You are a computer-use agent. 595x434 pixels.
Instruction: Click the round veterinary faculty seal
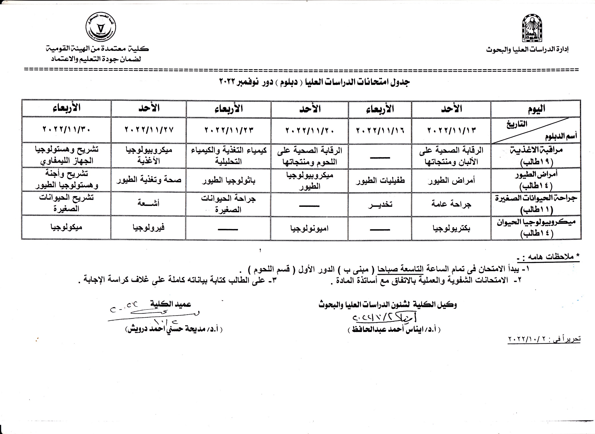pos(101,27)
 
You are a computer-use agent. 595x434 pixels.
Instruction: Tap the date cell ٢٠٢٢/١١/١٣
pos(451,130)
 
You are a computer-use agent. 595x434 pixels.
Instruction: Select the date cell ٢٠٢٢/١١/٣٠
pos(66,129)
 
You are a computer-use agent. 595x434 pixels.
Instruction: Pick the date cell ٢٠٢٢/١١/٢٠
pos(310,130)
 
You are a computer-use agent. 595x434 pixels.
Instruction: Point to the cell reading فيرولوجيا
pos(149,227)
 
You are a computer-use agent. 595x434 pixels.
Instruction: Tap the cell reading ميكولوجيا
pos(66,227)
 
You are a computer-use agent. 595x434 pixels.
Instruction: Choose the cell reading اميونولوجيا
pos(310,228)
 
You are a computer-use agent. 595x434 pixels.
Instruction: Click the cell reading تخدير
pos(380,204)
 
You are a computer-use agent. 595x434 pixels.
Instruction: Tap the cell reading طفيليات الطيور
pos(380,180)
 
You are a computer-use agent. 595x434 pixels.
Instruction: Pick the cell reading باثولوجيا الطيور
pos(229,180)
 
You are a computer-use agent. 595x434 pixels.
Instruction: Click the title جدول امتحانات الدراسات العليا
pos(314,82)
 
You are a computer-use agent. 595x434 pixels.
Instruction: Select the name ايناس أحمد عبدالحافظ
pos(394,329)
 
